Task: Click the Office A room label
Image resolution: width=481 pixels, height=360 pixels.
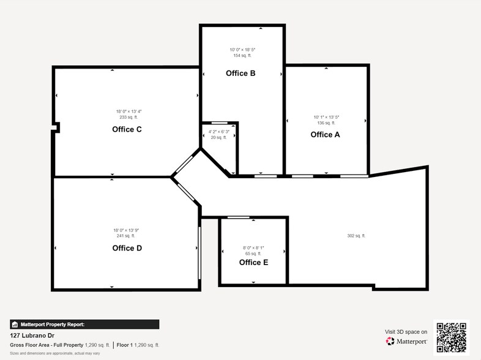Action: pyautogui.click(x=325, y=135)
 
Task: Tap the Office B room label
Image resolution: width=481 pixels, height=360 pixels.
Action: pyautogui.click(x=240, y=73)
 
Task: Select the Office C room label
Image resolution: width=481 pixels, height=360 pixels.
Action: pyautogui.click(x=127, y=129)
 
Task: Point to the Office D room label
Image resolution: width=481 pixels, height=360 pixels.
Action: pyautogui.click(x=127, y=248)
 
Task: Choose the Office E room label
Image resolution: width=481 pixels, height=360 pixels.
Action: pyautogui.click(x=253, y=262)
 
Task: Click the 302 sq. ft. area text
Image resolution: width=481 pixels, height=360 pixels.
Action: pyautogui.click(x=356, y=236)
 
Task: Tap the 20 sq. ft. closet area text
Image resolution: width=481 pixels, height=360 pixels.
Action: pyautogui.click(x=218, y=138)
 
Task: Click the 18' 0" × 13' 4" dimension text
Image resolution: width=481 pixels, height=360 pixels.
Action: pyautogui.click(x=129, y=111)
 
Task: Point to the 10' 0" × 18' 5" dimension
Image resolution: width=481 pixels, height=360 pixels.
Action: pyautogui.click(x=242, y=50)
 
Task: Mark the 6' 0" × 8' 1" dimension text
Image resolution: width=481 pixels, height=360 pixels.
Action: pyautogui.click(x=253, y=248)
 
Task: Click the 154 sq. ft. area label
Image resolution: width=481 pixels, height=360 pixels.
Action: pyautogui.click(x=242, y=56)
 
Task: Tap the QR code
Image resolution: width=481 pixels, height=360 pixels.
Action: pyautogui.click(x=450, y=337)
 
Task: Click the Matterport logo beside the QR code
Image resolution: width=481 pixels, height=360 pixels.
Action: pyautogui.click(x=406, y=340)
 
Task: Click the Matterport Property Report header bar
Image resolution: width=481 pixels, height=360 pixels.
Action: pyautogui.click(x=84, y=324)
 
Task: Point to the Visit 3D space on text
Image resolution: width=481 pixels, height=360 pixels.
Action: pyautogui.click(x=406, y=331)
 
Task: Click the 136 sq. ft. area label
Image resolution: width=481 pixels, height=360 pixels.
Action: pyautogui.click(x=326, y=123)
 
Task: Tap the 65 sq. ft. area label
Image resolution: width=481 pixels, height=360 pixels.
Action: pyautogui.click(x=253, y=253)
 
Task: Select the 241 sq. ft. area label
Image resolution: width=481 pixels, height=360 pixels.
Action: pyautogui.click(x=126, y=236)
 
